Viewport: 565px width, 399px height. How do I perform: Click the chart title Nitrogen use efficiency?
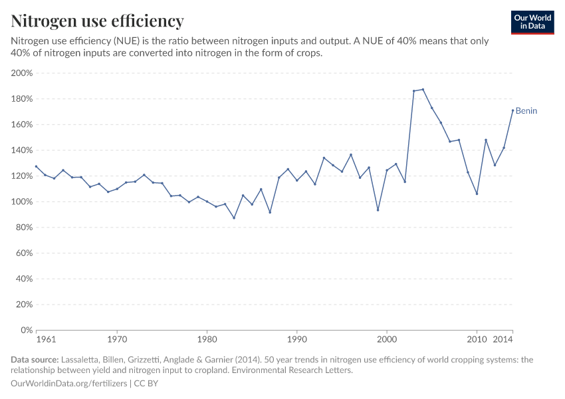97,21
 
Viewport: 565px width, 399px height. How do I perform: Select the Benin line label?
526,111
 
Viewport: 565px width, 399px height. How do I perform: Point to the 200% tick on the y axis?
22,73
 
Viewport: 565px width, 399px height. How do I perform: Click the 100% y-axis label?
22,201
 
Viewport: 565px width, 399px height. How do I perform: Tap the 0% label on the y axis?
27,330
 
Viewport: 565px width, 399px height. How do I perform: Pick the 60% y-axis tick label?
24,253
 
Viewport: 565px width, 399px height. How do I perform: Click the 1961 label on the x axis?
46,340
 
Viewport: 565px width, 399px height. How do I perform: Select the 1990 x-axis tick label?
296,340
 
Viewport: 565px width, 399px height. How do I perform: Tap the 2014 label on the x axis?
503,340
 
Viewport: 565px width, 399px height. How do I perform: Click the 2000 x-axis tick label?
386,340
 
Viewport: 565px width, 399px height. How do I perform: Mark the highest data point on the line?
423,90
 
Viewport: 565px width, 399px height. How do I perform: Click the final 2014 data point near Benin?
512,110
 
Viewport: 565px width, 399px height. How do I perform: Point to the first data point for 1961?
37,166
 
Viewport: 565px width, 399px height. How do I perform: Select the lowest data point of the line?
234,217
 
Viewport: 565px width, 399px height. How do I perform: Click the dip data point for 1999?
378,210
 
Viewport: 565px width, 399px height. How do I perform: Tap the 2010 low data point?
477,194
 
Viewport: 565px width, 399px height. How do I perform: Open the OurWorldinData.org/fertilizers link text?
70,384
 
